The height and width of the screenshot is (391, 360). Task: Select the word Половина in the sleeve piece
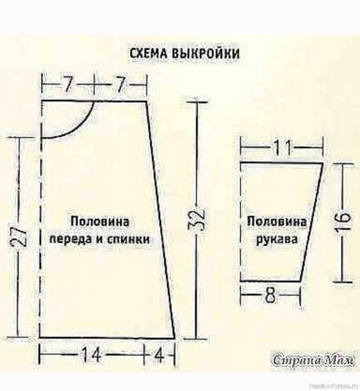[276, 221]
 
